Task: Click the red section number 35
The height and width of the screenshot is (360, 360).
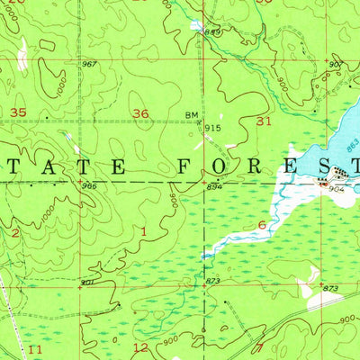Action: pos(17,112)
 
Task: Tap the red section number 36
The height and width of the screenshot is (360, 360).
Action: pos(140,114)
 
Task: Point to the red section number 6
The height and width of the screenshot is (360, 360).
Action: pos(262,225)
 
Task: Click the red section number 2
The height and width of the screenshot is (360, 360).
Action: pos(15,232)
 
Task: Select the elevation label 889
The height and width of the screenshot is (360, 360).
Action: pos(212,33)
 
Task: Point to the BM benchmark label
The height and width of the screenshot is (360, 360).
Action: pos(191,115)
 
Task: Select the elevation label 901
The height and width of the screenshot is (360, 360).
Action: pos(87,283)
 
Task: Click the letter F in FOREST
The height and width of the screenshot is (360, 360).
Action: pos(184,166)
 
